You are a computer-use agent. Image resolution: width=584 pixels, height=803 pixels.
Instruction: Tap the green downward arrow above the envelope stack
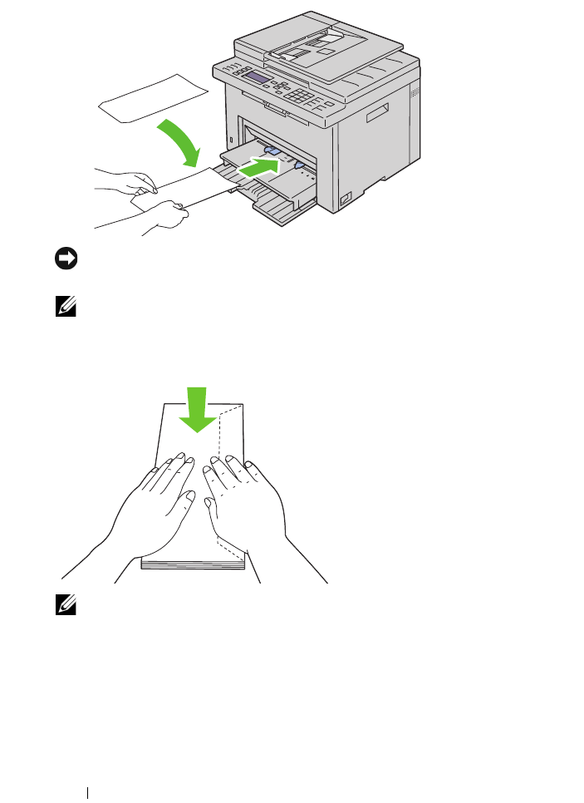(198, 410)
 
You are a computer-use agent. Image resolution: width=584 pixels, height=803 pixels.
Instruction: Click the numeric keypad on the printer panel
(314, 97)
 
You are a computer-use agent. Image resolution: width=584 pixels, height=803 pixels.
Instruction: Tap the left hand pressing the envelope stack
(158, 507)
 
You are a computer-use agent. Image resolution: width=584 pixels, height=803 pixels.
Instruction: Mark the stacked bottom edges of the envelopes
(193, 564)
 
